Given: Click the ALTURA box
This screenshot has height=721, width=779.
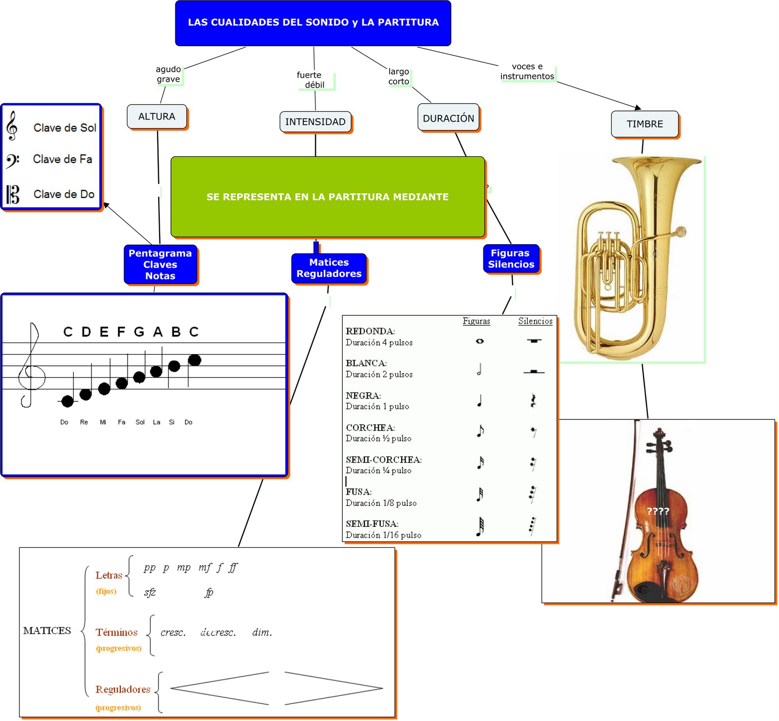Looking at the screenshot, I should click(157, 117).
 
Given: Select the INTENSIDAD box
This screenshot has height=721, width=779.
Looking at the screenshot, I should click(315, 122).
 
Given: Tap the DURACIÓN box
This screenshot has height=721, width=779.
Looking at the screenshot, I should click(448, 118).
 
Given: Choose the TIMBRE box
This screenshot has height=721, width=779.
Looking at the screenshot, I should click(645, 124).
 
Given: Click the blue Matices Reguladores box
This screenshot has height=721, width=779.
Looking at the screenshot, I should click(329, 268).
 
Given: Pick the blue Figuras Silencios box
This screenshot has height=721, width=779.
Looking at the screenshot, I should click(511, 259).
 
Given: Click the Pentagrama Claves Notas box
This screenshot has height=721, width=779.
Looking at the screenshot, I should click(160, 265).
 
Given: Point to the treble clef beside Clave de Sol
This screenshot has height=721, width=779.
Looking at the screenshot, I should click(12, 126).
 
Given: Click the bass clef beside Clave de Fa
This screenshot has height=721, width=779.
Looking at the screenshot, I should click(12, 160).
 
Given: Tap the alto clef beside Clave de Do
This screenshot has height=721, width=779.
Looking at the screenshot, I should click(13, 194).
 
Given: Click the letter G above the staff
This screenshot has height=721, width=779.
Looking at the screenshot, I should click(139, 332).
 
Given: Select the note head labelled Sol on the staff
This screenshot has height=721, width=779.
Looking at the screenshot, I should click(139, 377).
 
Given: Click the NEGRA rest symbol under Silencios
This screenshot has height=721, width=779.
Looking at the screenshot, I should click(534, 400).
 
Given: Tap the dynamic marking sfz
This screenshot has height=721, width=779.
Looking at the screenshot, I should click(150, 592).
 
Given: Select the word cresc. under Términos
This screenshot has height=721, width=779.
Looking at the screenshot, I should click(173, 632).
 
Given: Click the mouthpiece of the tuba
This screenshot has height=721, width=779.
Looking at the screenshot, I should click(681, 232).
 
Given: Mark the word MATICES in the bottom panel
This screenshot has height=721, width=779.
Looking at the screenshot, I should click(47, 631).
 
